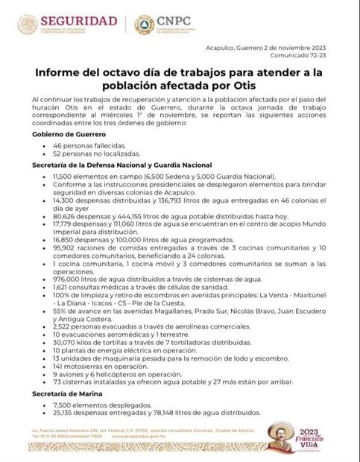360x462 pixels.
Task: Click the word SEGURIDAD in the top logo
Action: click(x=78, y=19)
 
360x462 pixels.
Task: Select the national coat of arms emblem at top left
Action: click(x=28, y=24)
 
